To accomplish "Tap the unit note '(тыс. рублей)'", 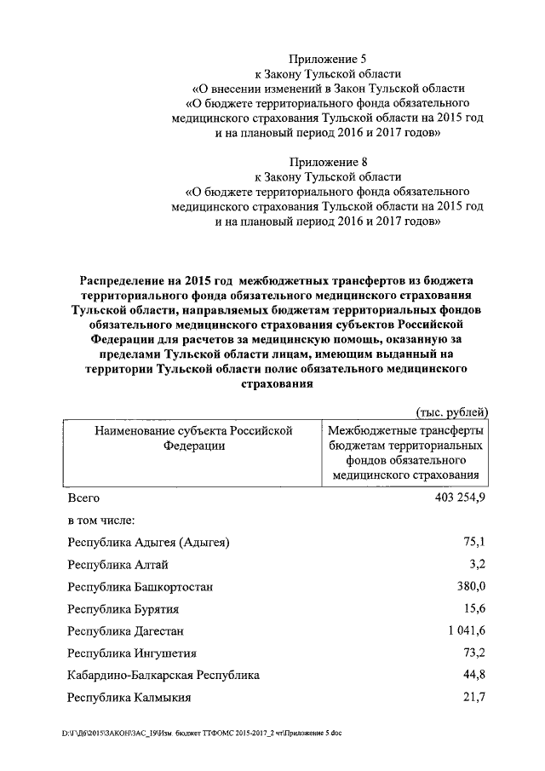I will [451, 412].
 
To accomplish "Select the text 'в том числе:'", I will [103, 519].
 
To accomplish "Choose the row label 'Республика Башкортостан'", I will [141, 587].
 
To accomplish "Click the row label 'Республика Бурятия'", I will [123, 610].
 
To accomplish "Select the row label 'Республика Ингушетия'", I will [132, 653].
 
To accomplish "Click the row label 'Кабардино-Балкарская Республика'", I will [163, 676].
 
